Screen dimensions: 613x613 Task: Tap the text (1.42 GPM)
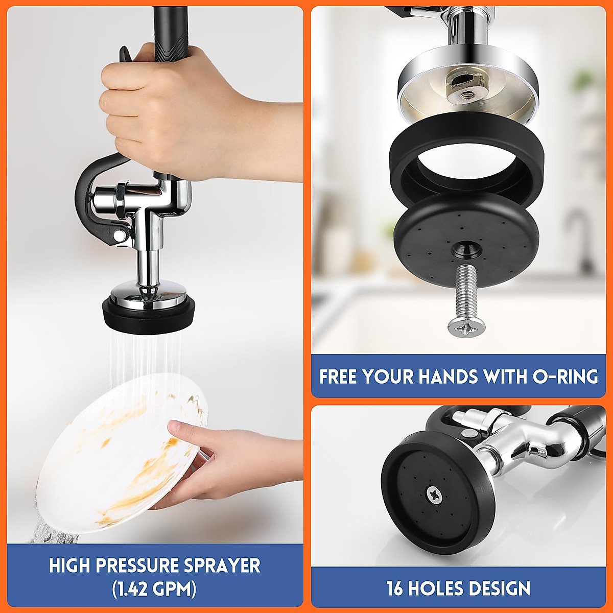pos(154,590)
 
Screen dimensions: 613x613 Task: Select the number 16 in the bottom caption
pos(394,588)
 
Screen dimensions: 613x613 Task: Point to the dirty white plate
pos(117,460)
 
